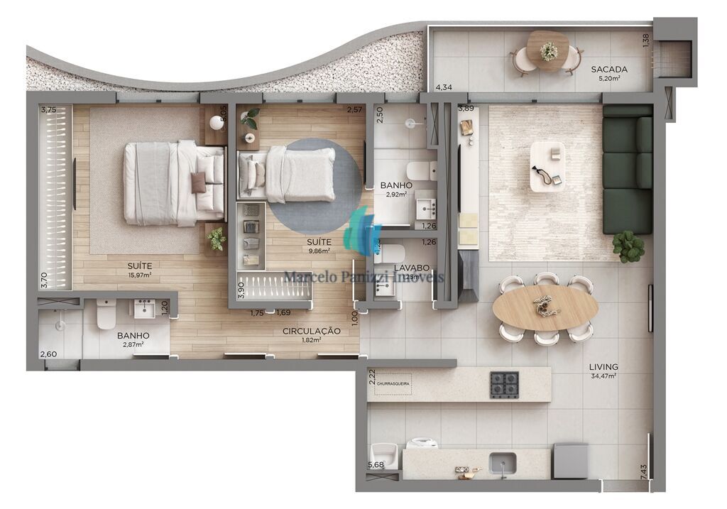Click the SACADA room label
pos(608,69)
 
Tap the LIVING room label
pos(603,367)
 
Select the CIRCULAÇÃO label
pos(311,331)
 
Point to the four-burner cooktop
pos(504,385)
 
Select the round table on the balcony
pos(548,50)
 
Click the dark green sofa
pos(627,170)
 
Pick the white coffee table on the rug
pos(547,166)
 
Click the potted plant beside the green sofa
pos(628,246)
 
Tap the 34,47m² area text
pos(602,376)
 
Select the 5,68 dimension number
pos(375,465)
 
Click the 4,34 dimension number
pos(444,87)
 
